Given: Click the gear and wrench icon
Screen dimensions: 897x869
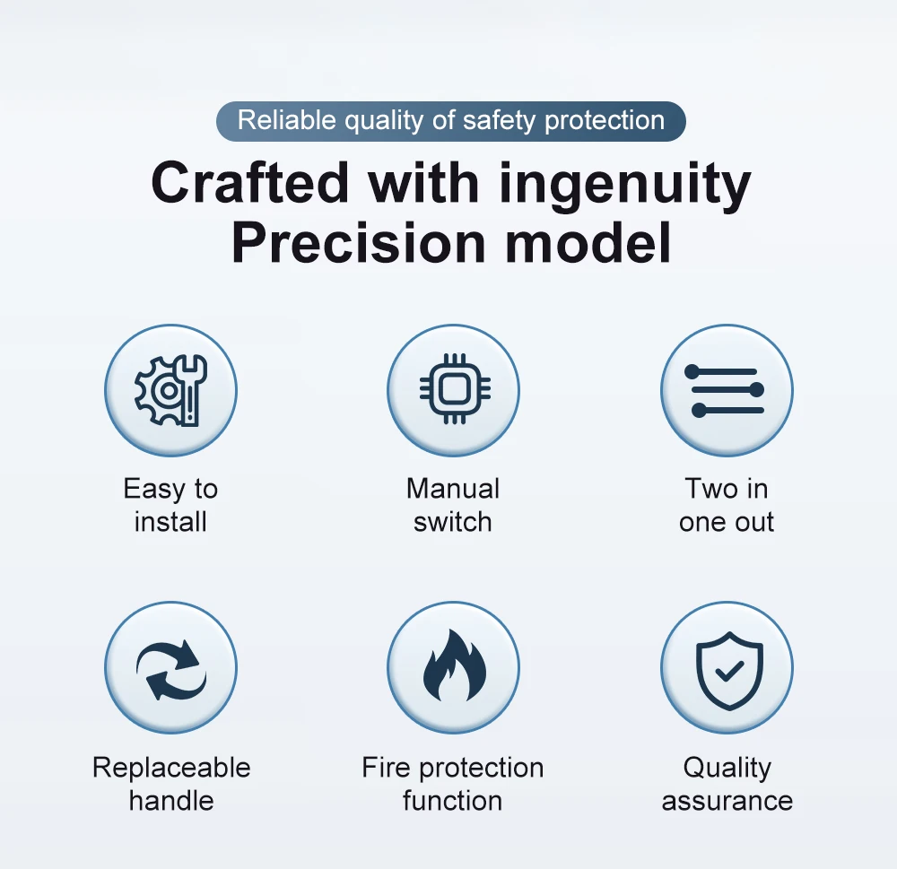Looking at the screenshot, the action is coord(170,390).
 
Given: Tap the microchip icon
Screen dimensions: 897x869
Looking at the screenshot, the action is coord(454,389).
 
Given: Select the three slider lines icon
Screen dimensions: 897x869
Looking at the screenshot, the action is coord(724,390).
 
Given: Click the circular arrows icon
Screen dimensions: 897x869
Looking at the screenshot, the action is coord(171,669).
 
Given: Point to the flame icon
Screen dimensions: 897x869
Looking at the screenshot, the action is coord(454,665).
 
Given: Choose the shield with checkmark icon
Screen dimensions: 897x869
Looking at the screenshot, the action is coord(729,671).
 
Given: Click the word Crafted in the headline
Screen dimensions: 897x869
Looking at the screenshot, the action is coord(250,183).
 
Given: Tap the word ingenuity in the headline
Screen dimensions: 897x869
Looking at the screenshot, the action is coord(624,187).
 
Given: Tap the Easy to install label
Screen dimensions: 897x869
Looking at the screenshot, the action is coord(170,505).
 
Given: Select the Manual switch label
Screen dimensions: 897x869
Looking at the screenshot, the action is coord(452,505).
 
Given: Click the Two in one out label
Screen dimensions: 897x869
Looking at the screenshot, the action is coord(727,505).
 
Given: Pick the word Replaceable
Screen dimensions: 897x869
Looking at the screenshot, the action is coord(171,767).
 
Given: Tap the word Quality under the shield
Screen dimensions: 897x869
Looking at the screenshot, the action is coord(727,769).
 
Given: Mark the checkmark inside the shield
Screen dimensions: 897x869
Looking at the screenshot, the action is coord(729,671).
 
